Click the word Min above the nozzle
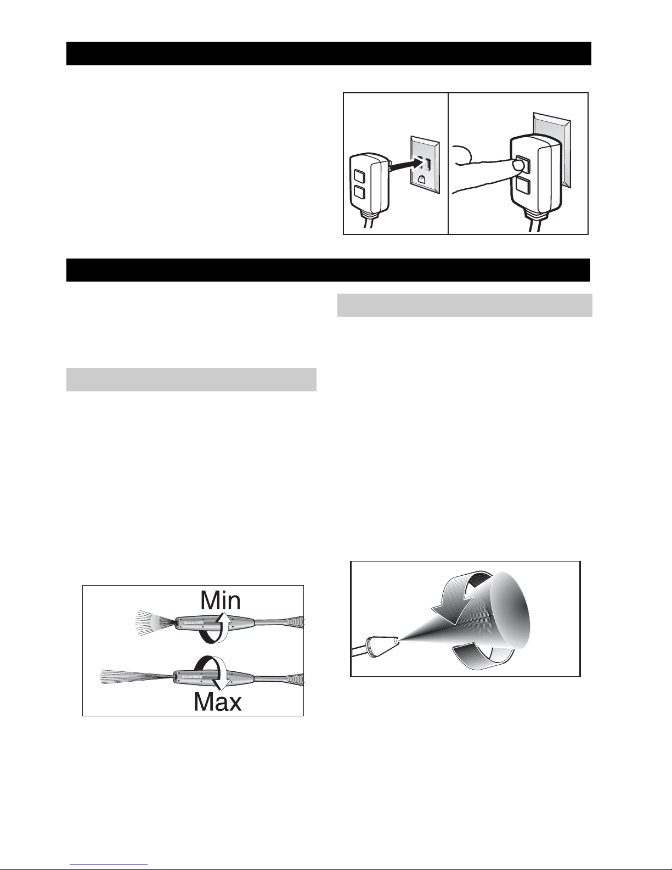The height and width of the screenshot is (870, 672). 221,600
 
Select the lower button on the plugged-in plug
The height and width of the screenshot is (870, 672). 523,186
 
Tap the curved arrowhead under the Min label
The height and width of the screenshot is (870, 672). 227,621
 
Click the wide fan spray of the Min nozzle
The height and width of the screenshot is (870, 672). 154,623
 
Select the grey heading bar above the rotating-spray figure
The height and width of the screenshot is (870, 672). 465,305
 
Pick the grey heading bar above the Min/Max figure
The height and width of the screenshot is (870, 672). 191,379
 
